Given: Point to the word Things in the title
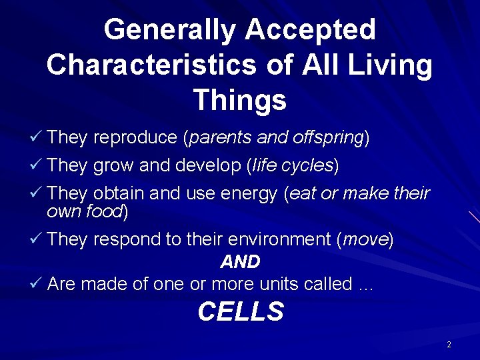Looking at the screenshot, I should point(239,101).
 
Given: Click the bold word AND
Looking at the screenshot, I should point(240,262).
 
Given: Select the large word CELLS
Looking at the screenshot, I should point(241,312).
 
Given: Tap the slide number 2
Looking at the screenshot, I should point(449,345).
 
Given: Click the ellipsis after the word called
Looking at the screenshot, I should point(365,285).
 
